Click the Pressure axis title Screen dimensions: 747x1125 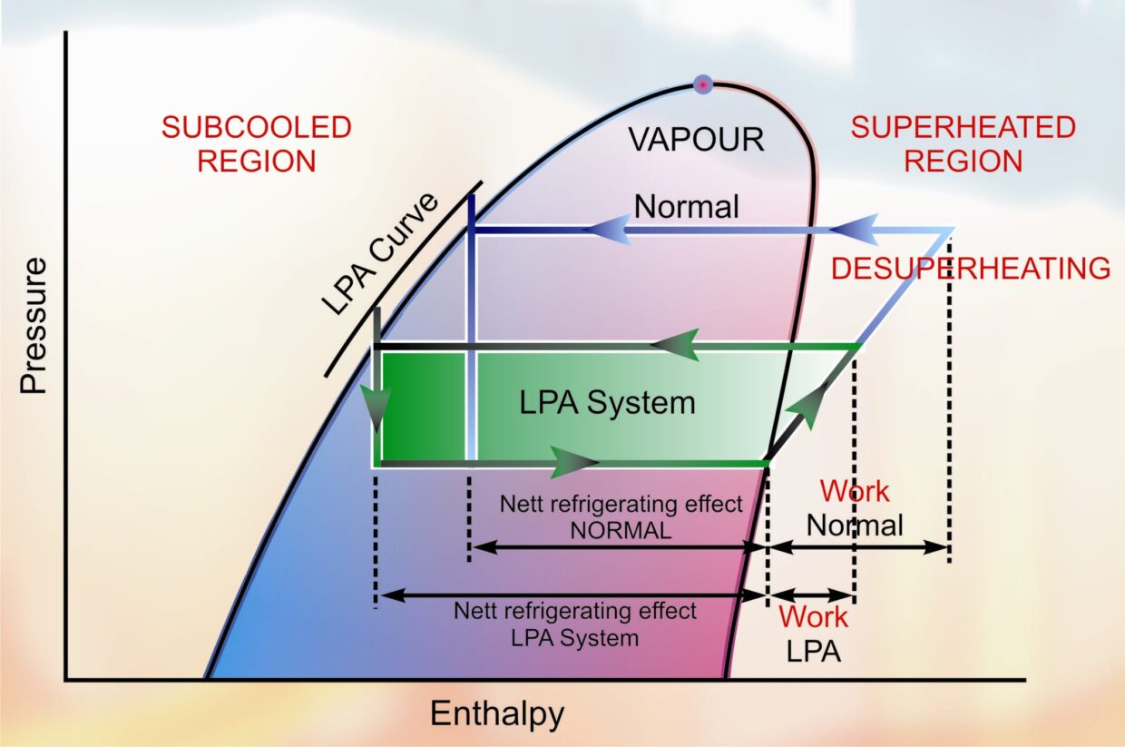click(x=34, y=326)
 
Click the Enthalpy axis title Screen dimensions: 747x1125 click(x=496, y=713)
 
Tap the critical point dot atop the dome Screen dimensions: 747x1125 click(x=702, y=84)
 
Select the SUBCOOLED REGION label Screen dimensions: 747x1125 click(x=256, y=144)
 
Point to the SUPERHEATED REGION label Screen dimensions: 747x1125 click(x=963, y=144)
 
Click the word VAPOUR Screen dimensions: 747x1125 click(x=697, y=140)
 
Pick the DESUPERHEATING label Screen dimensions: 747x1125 click(x=971, y=269)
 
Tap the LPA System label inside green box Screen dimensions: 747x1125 click(x=607, y=402)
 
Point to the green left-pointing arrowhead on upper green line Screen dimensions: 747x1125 click(x=675, y=346)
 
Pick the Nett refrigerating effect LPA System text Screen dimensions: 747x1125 click(x=575, y=624)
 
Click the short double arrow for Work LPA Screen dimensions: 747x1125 click(x=811, y=595)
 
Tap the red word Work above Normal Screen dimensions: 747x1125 click(x=855, y=491)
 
